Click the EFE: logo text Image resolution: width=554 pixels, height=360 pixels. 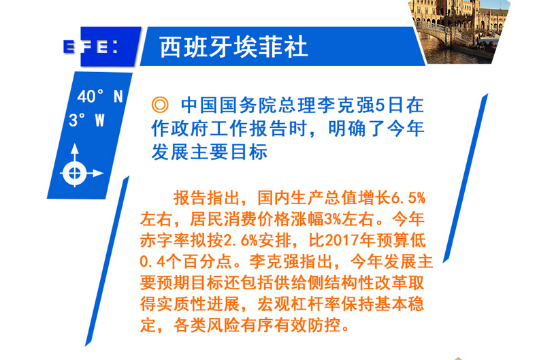[91, 47]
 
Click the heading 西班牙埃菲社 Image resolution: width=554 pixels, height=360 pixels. [233, 47]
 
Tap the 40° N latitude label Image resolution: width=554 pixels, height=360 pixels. [100, 97]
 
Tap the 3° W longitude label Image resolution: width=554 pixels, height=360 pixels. [87, 120]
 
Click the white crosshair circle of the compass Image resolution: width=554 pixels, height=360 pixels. [75, 173]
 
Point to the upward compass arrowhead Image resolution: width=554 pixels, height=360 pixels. [75, 148]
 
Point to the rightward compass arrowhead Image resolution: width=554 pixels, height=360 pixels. [98, 173]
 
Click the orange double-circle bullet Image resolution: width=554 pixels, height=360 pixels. [160, 105]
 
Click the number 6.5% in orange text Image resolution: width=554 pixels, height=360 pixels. [408, 198]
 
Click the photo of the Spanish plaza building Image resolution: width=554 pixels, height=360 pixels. [459, 32]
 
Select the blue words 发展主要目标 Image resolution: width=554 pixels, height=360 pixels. [209, 152]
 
